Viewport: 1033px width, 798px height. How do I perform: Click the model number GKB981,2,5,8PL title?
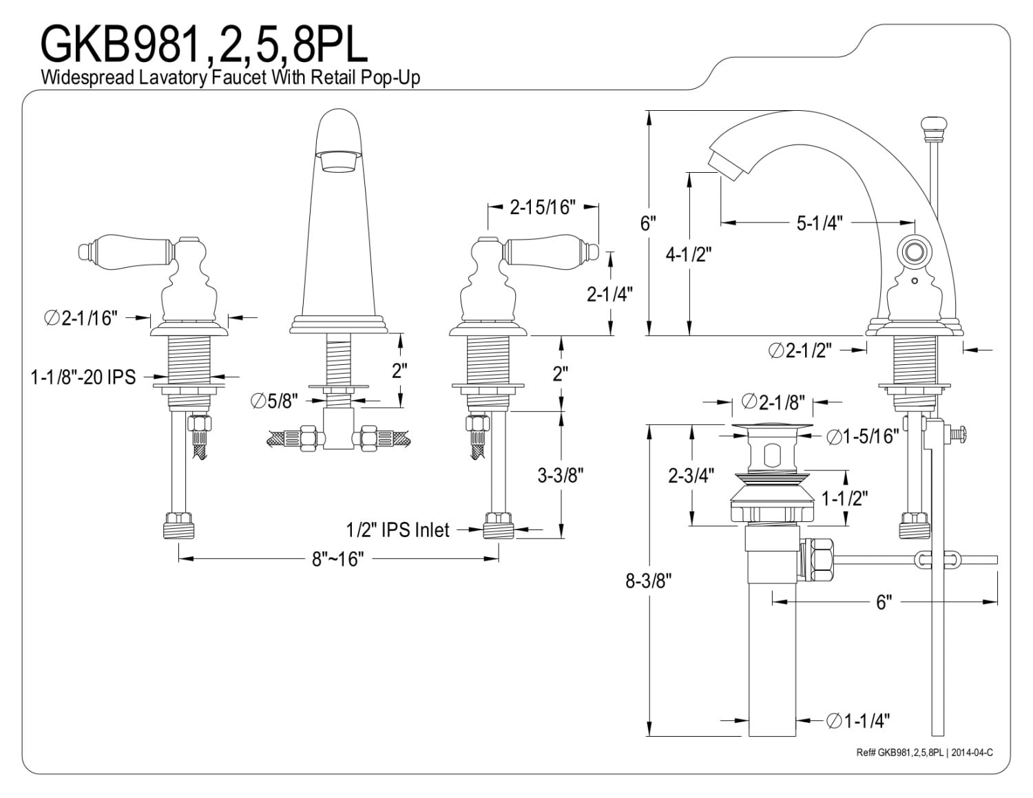coord(205,45)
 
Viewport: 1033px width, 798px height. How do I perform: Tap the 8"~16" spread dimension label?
coord(337,559)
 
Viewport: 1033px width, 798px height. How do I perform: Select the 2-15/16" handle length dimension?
coord(543,207)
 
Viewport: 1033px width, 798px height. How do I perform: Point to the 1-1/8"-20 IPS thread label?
coord(83,377)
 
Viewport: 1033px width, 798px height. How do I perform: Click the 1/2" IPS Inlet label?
coord(397,529)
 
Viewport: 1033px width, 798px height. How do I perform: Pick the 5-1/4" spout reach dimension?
coord(820,222)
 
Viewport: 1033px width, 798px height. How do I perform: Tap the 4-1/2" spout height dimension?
coord(688,255)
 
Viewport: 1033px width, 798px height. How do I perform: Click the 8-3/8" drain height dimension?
coord(649,580)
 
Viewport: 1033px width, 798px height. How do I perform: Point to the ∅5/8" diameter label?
coord(274,401)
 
